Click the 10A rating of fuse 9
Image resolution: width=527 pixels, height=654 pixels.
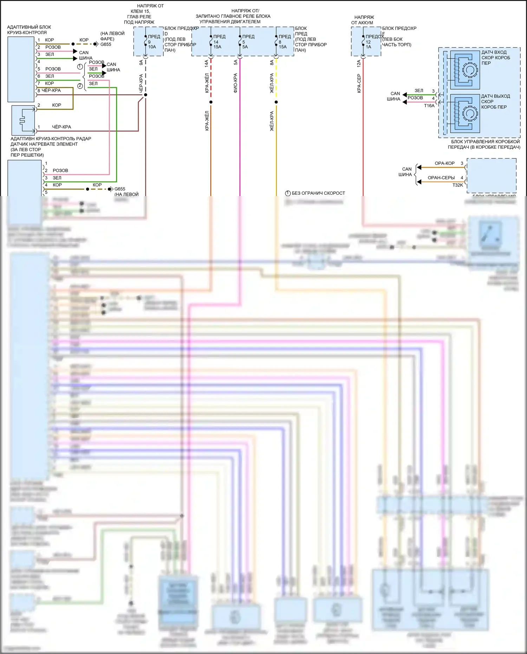(x=152, y=47)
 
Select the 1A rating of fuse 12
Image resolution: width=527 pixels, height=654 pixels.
(x=368, y=47)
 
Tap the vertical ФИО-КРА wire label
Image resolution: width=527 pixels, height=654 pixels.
(x=235, y=83)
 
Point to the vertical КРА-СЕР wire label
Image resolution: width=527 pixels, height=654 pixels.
(x=359, y=83)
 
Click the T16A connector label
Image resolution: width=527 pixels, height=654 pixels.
(x=429, y=106)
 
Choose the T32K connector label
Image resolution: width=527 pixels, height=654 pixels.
(x=457, y=185)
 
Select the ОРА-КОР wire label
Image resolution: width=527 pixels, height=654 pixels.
(x=444, y=163)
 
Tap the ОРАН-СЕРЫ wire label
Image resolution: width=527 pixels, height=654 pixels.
(x=441, y=178)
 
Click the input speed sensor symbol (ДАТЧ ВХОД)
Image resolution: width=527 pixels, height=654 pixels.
(x=464, y=70)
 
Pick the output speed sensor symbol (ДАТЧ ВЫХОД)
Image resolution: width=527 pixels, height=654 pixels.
(x=464, y=113)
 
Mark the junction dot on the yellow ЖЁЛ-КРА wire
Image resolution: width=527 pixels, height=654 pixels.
(x=276, y=102)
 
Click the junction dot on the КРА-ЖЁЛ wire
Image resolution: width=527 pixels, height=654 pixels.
(x=211, y=102)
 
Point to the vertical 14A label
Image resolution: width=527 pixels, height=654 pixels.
(x=207, y=63)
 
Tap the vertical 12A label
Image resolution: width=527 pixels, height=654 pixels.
(x=359, y=63)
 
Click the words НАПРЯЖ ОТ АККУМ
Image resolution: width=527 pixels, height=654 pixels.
(x=364, y=20)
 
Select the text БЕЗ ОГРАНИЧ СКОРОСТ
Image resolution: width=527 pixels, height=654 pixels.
(x=318, y=193)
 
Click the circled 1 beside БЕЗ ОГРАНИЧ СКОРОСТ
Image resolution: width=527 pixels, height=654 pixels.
(x=288, y=193)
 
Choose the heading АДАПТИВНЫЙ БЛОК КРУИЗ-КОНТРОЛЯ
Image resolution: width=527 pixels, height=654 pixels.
(x=29, y=30)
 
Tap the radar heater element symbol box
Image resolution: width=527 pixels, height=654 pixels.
(x=23, y=120)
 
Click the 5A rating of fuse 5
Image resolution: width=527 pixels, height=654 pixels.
(x=245, y=47)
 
